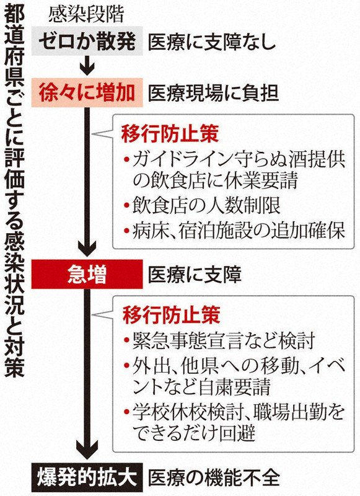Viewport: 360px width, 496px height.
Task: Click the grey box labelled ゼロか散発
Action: point(87,41)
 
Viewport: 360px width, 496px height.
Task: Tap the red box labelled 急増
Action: point(87,274)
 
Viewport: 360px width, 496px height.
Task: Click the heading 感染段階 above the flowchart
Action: point(86,15)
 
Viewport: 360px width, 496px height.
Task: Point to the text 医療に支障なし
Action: point(212,42)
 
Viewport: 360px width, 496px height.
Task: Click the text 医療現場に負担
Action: point(213,93)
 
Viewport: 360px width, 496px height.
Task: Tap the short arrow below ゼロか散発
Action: point(87,66)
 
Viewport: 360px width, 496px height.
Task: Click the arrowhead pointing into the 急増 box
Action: point(87,250)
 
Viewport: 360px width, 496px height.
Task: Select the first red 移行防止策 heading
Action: point(170,135)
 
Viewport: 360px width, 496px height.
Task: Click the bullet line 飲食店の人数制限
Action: point(202,206)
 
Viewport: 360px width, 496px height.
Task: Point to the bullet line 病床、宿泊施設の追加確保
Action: point(234,231)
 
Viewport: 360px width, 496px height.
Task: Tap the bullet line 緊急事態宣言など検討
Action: point(220,341)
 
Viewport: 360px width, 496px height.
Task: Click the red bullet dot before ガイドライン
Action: point(127,160)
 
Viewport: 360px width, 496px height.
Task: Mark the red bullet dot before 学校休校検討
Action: point(127,412)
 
